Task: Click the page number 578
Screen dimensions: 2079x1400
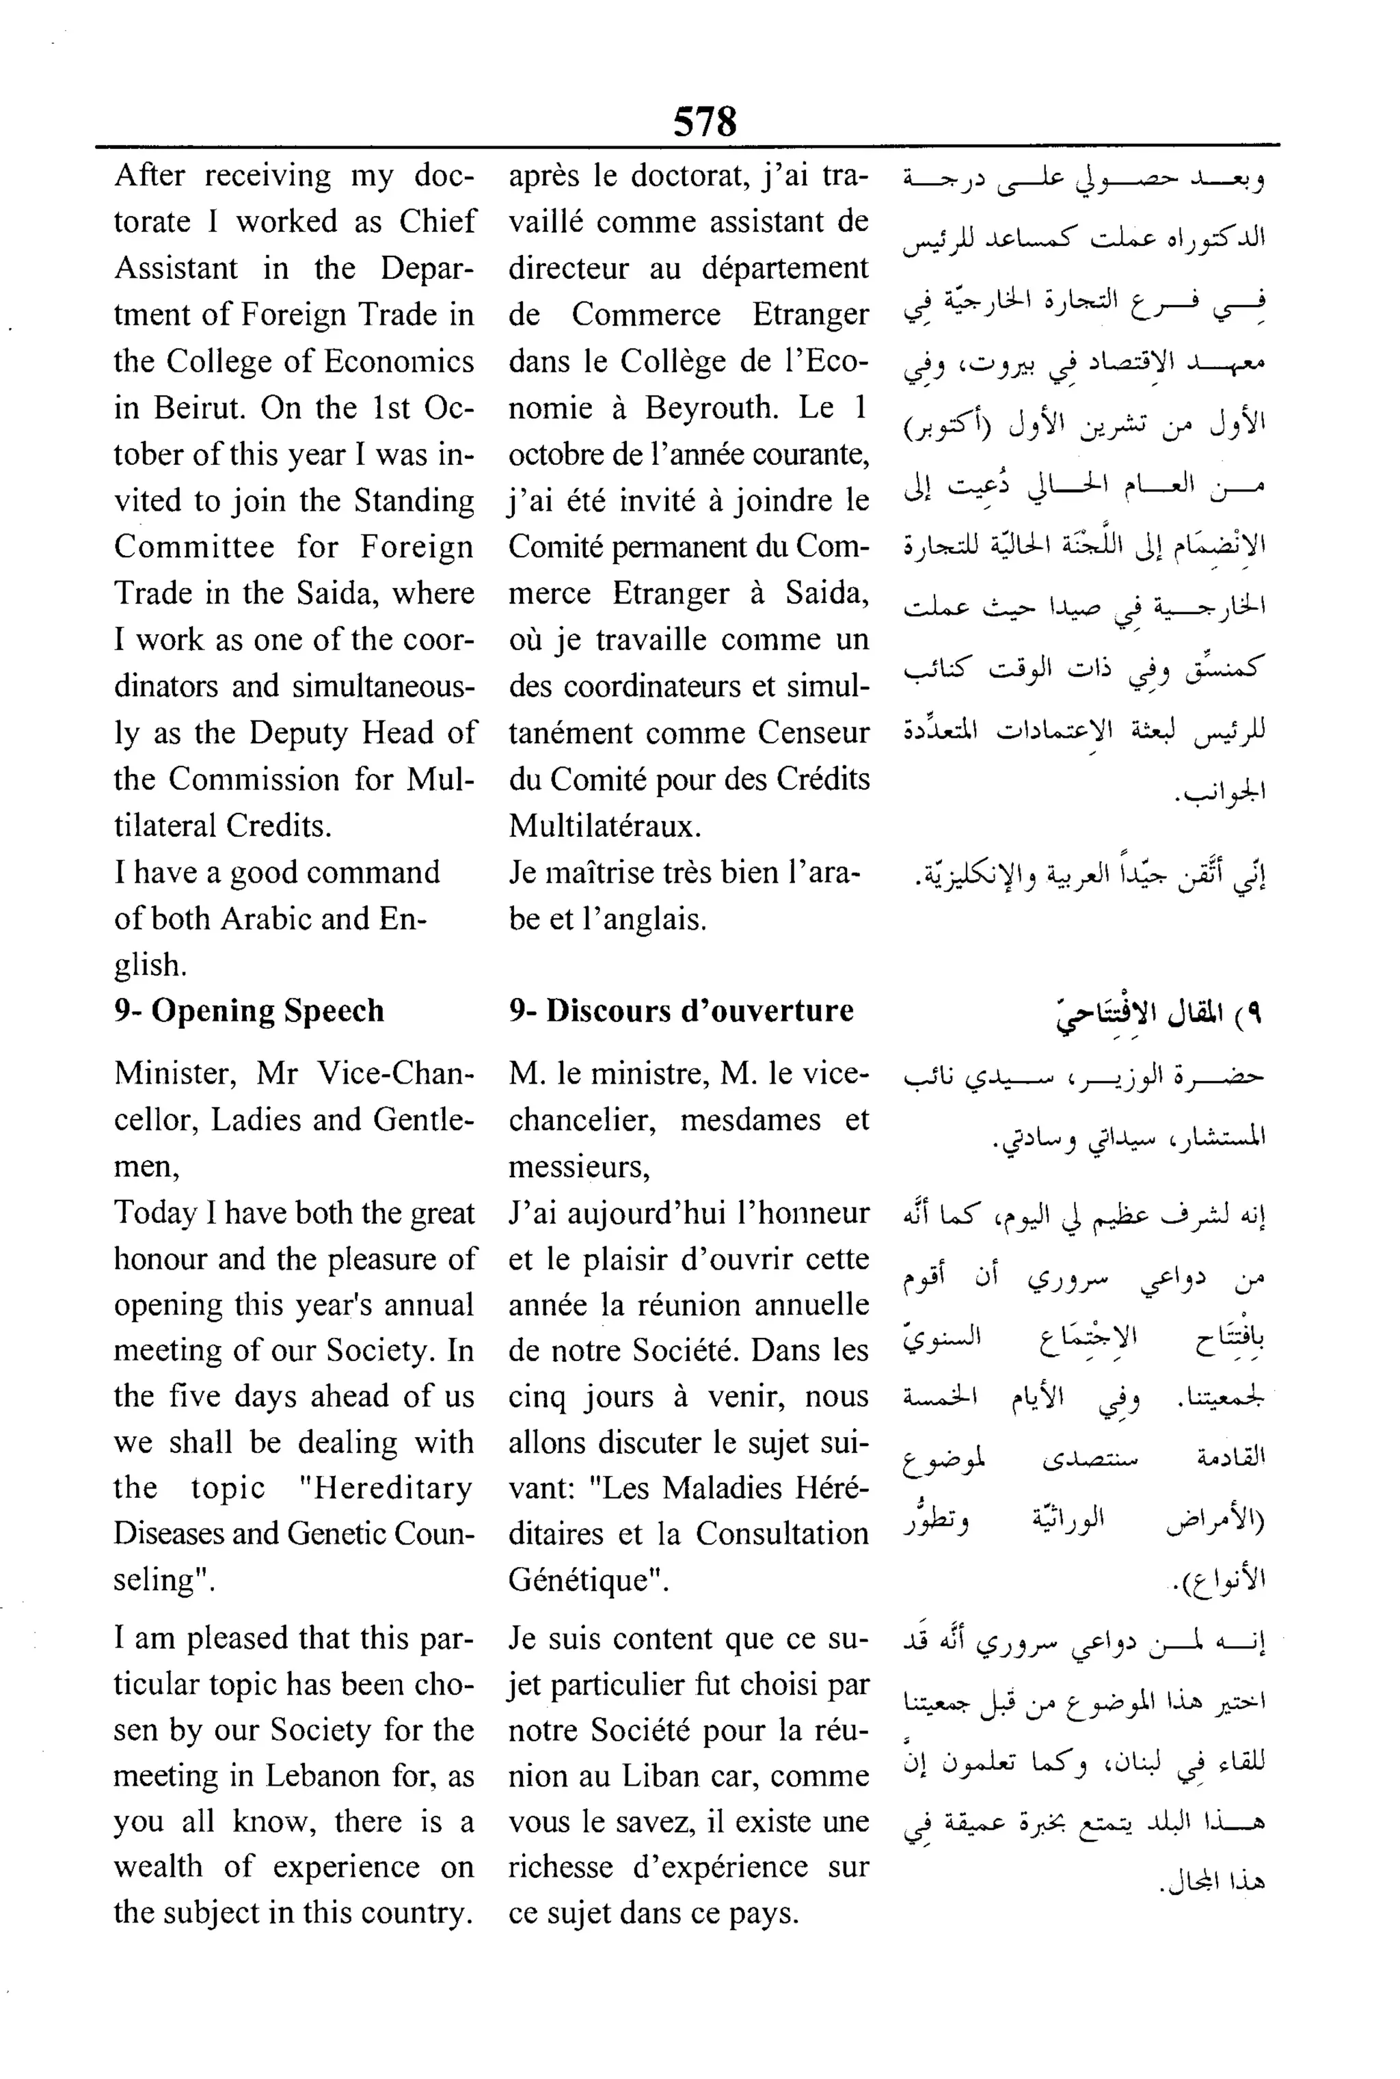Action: [705, 122]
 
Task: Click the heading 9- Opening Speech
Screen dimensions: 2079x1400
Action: [249, 1010]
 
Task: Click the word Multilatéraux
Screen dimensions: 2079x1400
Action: [604, 826]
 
